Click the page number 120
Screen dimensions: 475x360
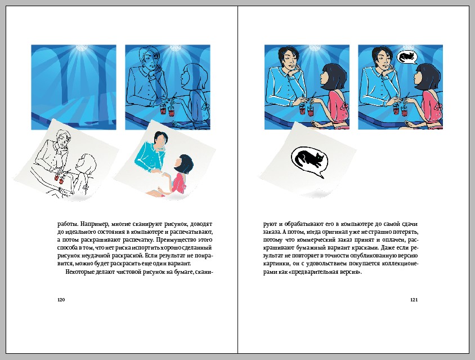(61, 300)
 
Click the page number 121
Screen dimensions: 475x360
(414, 300)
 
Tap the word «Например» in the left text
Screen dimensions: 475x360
(94, 224)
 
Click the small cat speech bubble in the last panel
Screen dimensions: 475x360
(406, 57)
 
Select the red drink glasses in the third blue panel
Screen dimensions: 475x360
(306, 110)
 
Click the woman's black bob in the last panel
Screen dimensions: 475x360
(427, 77)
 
